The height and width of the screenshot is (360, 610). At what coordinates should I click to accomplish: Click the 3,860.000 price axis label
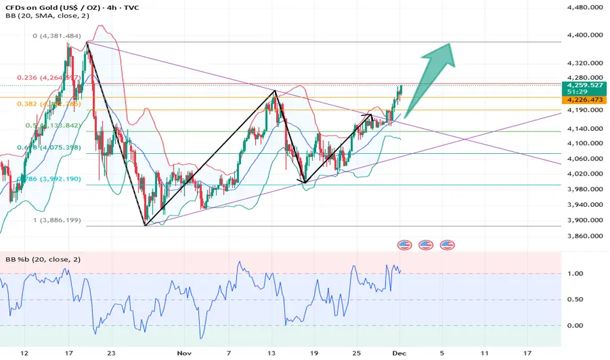tap(584, 236)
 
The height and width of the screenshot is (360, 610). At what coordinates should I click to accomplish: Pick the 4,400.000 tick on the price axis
tap(584, 35)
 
